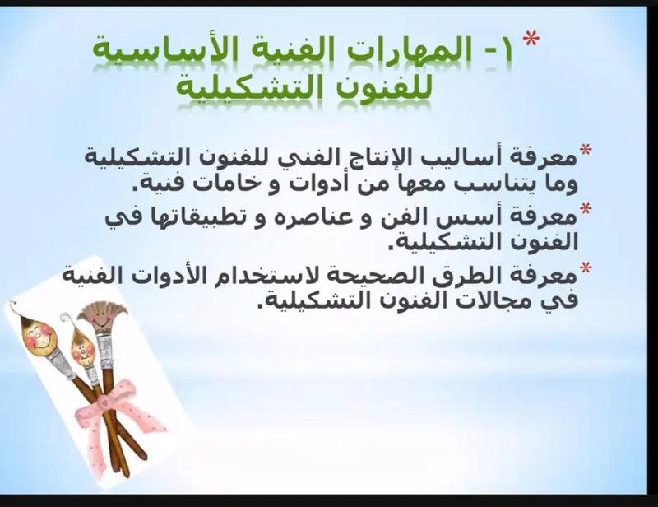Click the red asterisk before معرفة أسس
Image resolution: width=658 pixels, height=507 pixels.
click(585, 209)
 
